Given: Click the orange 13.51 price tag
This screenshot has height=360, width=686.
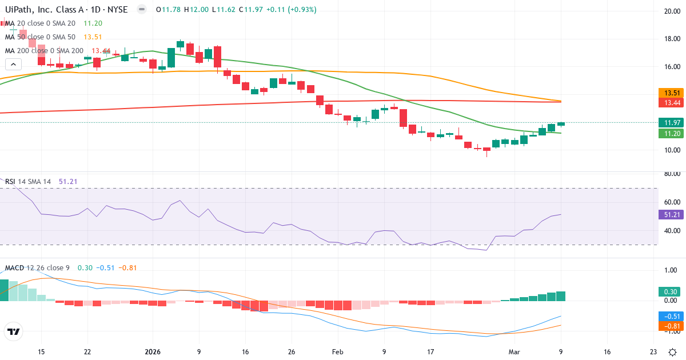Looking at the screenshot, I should click(x=670, y=93).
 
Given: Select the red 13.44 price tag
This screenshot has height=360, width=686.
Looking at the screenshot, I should click(x=670, y=103).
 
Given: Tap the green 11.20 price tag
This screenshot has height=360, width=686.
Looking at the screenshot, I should click(x=670, y=133).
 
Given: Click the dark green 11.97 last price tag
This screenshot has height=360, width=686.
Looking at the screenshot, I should click(x=670, y=122).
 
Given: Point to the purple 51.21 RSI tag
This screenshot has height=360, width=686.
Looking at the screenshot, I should click(x=670, y=215).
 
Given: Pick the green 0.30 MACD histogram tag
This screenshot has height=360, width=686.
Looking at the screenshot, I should click(x=670, y=291).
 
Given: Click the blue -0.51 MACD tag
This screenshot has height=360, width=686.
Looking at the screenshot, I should click(x=670, y=316).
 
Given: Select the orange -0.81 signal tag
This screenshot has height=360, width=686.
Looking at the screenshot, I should click(x=670, y=326).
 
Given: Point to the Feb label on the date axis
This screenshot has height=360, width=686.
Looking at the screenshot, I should click(x=338, y=353).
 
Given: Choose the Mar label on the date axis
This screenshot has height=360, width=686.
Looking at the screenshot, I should click(x=514, y=353).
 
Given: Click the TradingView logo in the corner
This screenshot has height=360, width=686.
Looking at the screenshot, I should click(x=13, y=331).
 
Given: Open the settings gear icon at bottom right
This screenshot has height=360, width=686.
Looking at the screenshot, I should click(x=673, y=353).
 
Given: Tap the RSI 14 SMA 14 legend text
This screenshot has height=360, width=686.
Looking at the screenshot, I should click(x=28, y=181).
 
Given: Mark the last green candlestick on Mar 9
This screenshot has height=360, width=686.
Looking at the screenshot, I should click(x=561, y=124).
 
